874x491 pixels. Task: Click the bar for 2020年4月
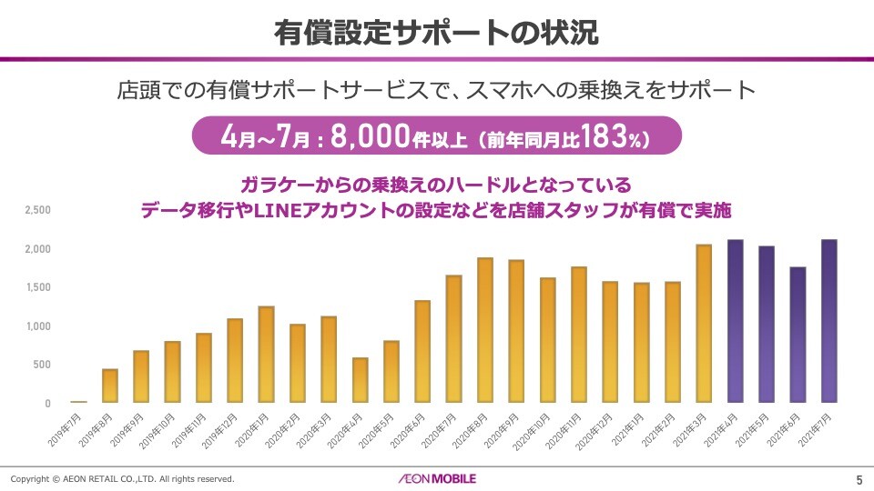point(360,380)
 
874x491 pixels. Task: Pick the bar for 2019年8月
point(110,386)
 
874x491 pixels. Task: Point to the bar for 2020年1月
point(266,355)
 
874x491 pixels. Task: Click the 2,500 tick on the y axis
point(37,210)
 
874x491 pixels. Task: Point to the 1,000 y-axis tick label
point(37,326)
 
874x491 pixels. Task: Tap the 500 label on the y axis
point(43,365)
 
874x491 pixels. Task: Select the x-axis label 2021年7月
point(815,427)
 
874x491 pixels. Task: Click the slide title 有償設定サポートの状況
point(436,33)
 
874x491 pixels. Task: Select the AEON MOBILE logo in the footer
point(436,478)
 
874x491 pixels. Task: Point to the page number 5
point(859,479)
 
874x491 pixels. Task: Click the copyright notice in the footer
point(123,478)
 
